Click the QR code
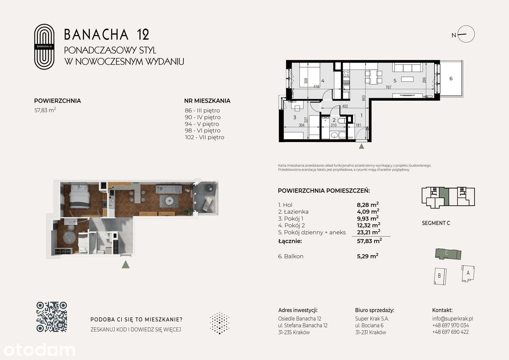(52, 317)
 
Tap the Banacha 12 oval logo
(44, 47)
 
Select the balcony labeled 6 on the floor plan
(451, 78)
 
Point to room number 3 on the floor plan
(295, 117)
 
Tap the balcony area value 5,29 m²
(367, 257)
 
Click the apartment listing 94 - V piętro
(202, 124)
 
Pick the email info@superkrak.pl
(452, 319)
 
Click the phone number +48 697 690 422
(450, 332)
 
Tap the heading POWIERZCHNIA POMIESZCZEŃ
(324, 191)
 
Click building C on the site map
(447, 253)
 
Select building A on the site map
(468, 273)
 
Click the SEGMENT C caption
(436, 223)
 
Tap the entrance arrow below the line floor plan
(361, 146)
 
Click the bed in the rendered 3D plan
(80, 197)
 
